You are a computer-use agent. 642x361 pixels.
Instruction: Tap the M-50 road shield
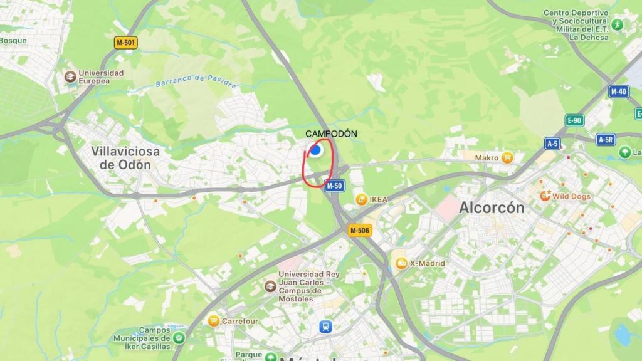click(334, 186)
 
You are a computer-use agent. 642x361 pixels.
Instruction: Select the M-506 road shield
click(360, 231)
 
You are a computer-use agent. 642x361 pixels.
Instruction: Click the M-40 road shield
click(619, 92)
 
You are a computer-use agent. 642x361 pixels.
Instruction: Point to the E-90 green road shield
click(574, 120)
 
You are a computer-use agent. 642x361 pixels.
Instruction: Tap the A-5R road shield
click(605, 140)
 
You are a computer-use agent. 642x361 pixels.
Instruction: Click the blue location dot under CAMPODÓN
click(316, 150)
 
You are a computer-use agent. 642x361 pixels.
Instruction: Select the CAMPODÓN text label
click(331, 133)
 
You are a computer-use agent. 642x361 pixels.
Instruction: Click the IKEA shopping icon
click(361, 199)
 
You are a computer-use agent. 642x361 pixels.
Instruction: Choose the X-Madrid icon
click(401, 263)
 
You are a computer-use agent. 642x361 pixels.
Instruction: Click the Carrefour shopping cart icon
click(214, 321)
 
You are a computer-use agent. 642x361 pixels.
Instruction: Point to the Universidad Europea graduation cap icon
click(70, 76)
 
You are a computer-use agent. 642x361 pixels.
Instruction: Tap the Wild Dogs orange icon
click(545, 196)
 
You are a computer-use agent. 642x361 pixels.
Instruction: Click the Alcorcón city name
click(492, 207)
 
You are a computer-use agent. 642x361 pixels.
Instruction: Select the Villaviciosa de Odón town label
click(125, 158)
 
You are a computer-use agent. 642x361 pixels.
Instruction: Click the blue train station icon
click(326, 327)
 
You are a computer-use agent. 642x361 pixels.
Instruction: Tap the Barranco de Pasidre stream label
click(188, 81)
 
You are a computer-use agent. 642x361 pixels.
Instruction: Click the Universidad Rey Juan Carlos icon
click(270, 286)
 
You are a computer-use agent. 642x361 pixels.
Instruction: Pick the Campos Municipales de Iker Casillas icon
click(179, 338)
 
